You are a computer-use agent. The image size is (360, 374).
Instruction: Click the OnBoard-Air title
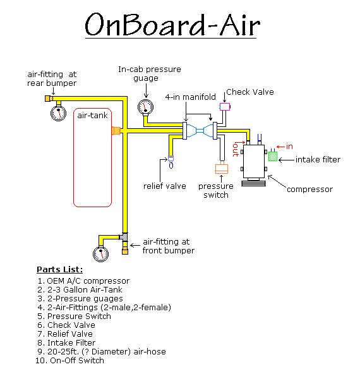[172, 25]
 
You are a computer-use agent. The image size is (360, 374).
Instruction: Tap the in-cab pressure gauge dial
[145, 107]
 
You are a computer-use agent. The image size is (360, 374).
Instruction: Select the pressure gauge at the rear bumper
[58, 113]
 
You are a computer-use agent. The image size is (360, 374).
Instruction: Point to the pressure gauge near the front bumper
[100, 254]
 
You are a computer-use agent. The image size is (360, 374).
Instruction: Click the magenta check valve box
[225, 107]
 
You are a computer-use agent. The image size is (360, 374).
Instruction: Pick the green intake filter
[273, 156]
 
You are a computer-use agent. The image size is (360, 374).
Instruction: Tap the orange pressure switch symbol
[222, 168]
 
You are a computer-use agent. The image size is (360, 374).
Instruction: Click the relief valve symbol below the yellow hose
[171, 162]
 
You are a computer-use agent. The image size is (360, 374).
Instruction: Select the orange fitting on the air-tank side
[116, 131]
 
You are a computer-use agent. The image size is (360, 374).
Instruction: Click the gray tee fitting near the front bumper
[124, 237]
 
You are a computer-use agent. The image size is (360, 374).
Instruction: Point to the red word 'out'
[236, 150]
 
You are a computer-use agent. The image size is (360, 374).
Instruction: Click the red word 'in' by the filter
[289, 147]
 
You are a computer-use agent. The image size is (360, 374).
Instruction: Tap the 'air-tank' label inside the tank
[92, 116]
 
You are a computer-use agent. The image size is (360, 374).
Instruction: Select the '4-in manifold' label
[191, 97]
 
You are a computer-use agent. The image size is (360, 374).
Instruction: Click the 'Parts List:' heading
[60, 270]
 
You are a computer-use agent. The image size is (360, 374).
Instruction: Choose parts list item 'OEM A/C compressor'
[88, 280]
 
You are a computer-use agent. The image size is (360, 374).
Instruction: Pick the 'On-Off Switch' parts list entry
[77, 360]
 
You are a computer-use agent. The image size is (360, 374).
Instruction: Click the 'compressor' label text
[309, 190]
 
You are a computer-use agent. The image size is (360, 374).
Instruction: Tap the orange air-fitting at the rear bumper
[49, 99]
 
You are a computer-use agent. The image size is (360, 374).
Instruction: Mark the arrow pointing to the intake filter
[286, 160]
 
